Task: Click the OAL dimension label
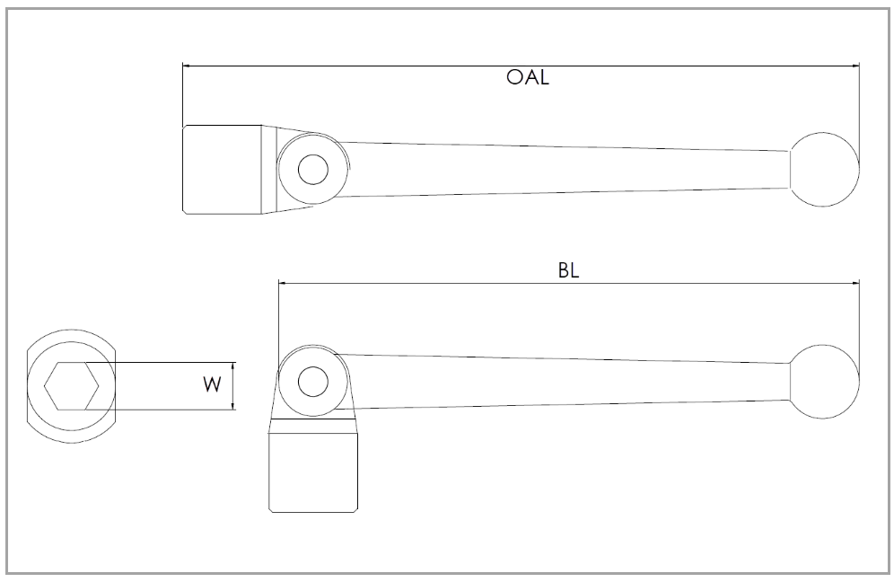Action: pos(527,77)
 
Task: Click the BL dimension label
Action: pos(568,271)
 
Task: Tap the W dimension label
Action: pos(212,385)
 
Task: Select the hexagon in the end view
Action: pos(72,386)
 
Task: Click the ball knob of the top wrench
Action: pos(825,168)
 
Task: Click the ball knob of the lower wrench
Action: pos(825,382)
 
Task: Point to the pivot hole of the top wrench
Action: pos(313,170)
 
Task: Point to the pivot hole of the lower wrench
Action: pos(313,382)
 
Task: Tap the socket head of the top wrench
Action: pos(222,170)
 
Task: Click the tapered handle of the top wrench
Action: pos(565,170)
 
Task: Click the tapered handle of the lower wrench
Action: pos(565,382)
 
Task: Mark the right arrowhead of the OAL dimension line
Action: pos(856,66)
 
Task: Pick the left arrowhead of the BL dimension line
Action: pos(282,282)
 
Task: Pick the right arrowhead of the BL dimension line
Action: pos(856,282)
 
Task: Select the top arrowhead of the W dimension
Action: pos(233,366)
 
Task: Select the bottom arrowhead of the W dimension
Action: pos(233,407)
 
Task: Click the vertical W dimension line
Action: pos(233,386)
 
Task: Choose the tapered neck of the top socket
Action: pos(269,170)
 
